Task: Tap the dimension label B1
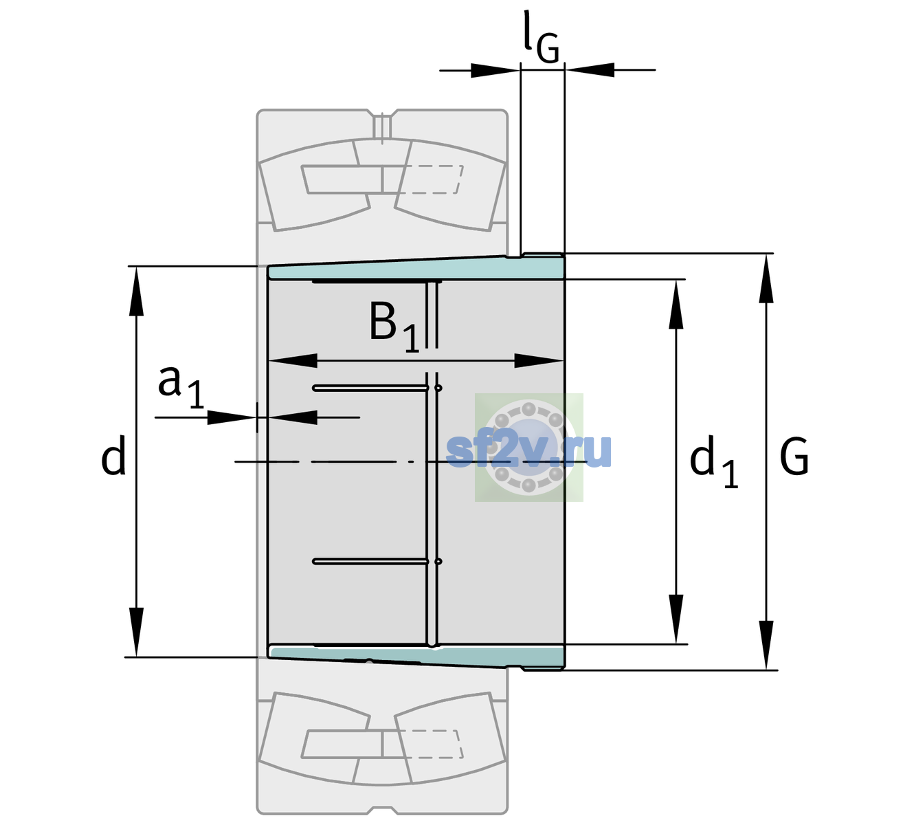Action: pyautogui.click(x=394, y=328)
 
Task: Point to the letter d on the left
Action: pyautogui.click(x=113, y=455)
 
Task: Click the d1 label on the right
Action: pyautogui.click(x=714, y=461)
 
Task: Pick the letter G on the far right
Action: pyautogui.click(x=794, y=456)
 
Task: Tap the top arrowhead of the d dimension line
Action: pyautogui.click(x=136, y=291)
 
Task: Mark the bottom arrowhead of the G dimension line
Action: pyautogui.click(x=766, y=646)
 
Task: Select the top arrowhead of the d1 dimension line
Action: pyautogui.click(x=676, y=304)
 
